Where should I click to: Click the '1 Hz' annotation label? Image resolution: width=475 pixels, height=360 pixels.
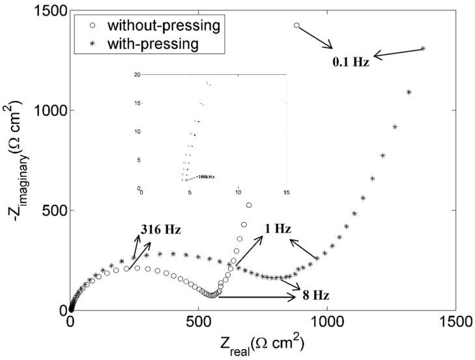pyautogui.click(x=277, y=230)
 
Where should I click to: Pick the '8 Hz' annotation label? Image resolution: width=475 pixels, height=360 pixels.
pyautogui.click(x=315, y=296)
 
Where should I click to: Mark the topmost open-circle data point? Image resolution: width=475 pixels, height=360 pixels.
pyautogui.click(x=296, y=25)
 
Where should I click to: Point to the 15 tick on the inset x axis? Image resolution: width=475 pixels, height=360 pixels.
pyautogui.click(x=286, y=193)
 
